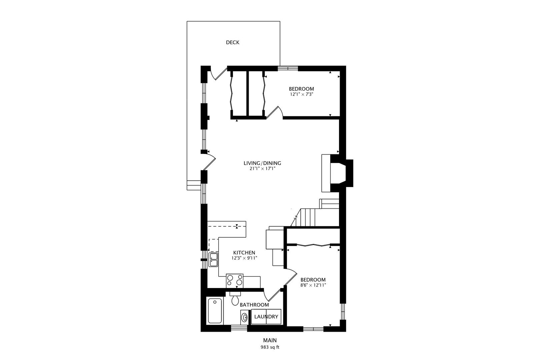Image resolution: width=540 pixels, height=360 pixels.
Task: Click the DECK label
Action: point(233,42)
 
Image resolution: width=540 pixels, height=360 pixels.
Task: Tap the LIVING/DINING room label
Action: point(262,163)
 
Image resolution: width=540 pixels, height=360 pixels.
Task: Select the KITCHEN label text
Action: point(244,253)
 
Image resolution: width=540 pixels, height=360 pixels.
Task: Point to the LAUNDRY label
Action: point(266,317)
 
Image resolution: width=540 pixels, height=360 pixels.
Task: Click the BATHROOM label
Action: point(254,305)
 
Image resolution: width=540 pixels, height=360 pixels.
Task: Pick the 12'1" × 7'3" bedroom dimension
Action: point(301,94)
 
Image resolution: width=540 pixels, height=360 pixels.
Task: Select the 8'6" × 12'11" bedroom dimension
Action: point(313,285)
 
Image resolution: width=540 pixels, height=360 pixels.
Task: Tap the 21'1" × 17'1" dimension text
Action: point(262,169)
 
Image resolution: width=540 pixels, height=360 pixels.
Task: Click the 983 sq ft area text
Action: point(270,347)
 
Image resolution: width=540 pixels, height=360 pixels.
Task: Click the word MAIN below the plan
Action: point(270,340)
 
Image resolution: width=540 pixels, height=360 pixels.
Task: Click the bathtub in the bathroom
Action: point(215,311)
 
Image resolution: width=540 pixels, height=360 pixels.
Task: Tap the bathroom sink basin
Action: point(244,316)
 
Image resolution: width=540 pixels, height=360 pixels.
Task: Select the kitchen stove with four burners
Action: point(235,281)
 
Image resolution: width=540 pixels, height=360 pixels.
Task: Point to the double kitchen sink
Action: point(213,259)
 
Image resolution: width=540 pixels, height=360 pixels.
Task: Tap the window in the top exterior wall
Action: point(288,68)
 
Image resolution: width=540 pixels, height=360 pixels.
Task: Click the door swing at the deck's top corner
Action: point(218,73)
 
